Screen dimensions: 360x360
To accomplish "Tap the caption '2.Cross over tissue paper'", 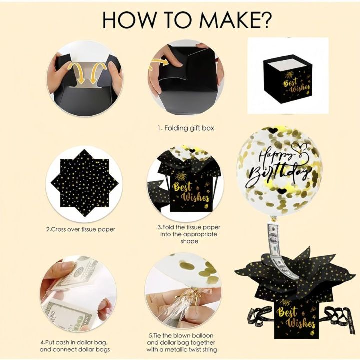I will click(80, 229).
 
